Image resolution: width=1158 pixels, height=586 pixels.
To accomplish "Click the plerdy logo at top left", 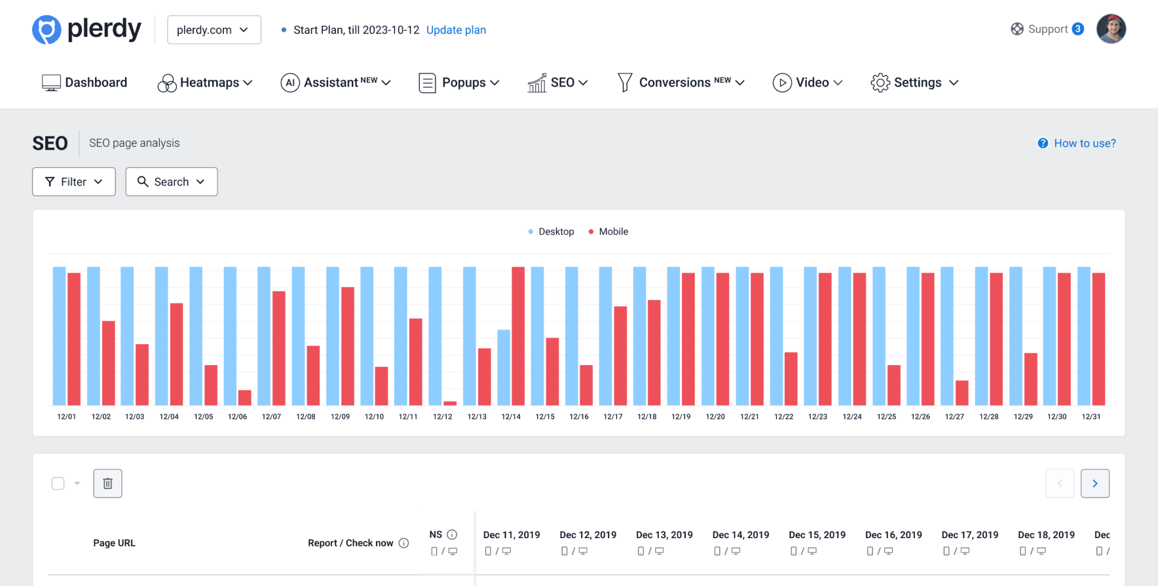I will pos(86,29).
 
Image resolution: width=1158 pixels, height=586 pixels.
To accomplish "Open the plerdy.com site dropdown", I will pos(214,30).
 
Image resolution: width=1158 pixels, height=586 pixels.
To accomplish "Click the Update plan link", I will pos(456,30).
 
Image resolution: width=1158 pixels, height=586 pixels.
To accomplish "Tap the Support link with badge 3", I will pos(1047,29).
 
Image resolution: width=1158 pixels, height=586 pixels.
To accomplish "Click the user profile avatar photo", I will pos(1111,29).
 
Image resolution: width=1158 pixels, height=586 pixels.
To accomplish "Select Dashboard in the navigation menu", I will pos(84,83).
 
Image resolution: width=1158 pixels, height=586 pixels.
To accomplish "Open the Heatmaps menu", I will pos(205,83).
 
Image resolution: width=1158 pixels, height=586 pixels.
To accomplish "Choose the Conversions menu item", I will pos(681,83).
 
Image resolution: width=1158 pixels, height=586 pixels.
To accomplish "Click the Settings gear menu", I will pos(914,83).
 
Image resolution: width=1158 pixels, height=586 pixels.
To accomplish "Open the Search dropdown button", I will pos(171,182).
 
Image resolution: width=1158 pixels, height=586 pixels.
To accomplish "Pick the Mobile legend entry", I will pos(608,231).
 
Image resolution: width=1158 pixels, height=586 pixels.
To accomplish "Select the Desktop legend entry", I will pos(551,231).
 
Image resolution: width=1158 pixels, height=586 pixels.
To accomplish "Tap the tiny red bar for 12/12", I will pos(450,403).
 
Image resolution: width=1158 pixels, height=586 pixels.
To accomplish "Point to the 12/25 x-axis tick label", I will pos(886,417).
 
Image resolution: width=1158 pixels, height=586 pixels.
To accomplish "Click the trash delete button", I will pos(107,484).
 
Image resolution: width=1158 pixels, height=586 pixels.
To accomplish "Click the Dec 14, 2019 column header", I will pos(741,535).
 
